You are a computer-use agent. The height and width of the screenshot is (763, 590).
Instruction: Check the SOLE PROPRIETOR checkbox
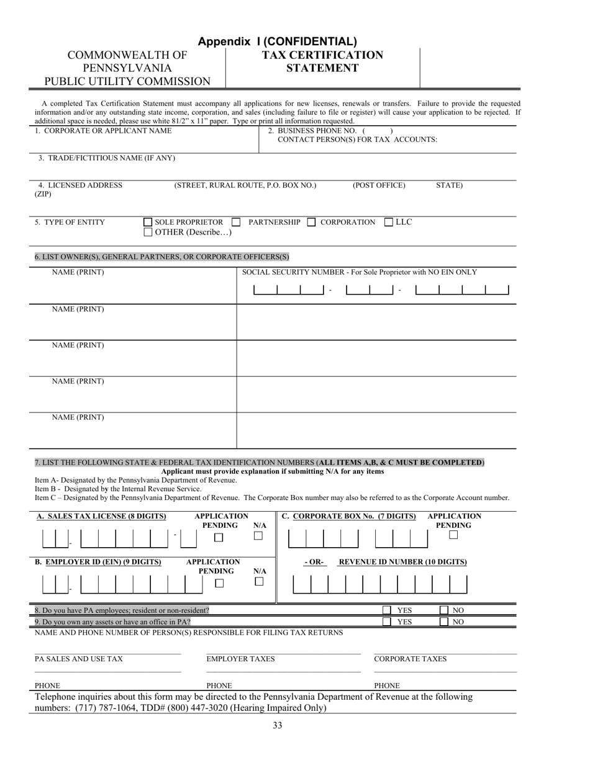[148, 222]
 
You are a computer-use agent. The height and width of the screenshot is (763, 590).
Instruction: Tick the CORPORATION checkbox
[312, 222]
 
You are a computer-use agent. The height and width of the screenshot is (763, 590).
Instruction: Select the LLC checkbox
[389, 222]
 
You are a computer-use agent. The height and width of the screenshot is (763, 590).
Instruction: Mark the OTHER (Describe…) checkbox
[148, 233]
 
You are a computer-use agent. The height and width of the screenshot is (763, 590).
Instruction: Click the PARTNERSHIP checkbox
[236, 222]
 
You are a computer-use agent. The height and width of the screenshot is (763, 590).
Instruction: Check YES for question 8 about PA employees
[386, 610]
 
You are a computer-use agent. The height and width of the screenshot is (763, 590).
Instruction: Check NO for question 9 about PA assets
[444, 622]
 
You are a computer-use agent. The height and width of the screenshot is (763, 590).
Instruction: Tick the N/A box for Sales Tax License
[259, 536]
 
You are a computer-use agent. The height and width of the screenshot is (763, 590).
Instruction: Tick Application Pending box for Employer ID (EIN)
[219, 583]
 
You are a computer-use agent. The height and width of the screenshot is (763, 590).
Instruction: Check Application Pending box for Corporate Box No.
[453, 535]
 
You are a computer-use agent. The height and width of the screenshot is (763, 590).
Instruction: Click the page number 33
[278, 726]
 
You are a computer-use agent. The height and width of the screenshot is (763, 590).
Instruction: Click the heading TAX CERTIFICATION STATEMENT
[322, 61]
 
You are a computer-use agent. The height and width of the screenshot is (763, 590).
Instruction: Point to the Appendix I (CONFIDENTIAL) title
[278, 42]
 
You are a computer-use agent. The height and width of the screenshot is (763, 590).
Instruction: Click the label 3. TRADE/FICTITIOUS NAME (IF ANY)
[106, 158]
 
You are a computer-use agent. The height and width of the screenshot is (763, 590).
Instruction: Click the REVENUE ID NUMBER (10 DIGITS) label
[402, 562]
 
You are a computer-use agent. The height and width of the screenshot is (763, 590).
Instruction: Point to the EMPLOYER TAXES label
[240, 659]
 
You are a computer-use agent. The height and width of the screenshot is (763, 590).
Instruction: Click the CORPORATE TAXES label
[410, 659]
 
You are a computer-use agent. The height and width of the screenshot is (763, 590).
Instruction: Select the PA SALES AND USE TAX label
[79, 659]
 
